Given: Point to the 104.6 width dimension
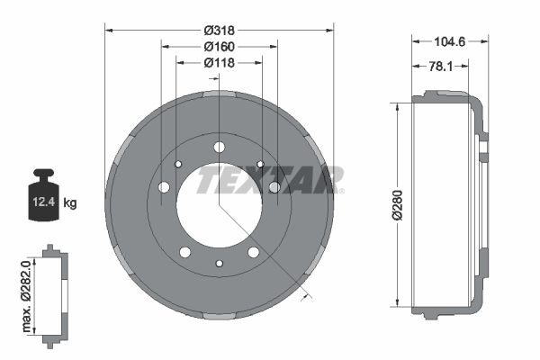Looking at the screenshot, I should click(450, 41).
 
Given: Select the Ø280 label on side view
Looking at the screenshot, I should click(383, 204).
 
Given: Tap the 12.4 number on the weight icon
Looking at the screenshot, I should click(41, 203).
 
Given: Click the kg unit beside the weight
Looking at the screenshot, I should click(70, 203).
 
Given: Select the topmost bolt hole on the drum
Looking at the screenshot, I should click(219, 148).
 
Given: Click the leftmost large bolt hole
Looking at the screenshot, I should click(164, 187).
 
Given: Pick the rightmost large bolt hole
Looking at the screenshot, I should click(274, 187).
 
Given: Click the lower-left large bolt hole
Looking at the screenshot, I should click(184, 252).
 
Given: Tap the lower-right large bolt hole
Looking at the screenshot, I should click(253, 252).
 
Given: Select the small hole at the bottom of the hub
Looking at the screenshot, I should click(219, 264).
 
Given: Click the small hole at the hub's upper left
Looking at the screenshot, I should click(178, 164).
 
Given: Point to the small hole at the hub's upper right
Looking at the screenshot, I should click(259, 164).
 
